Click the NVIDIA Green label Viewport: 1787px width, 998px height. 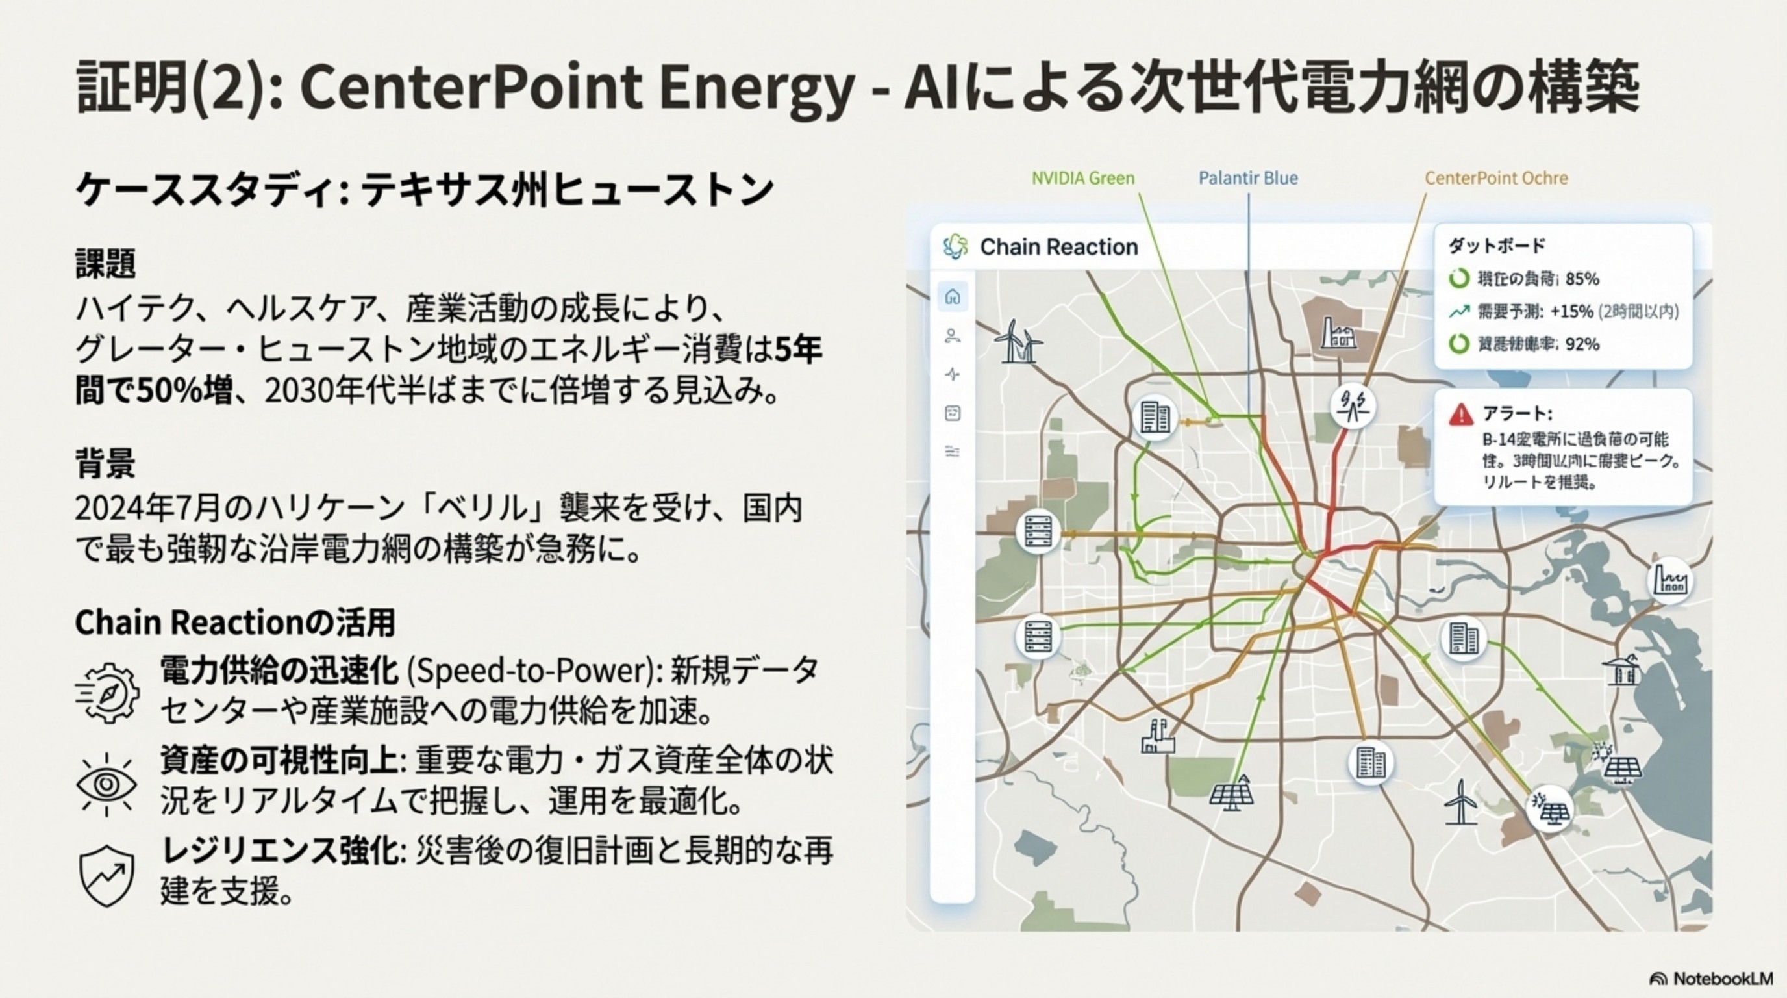coord(1082,179)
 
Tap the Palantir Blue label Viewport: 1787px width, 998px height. coord(1248,179)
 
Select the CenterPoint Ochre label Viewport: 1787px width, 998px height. coord(1495,179)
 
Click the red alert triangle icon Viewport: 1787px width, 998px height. coord(1460,415)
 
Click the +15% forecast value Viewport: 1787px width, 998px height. coord(1571,312)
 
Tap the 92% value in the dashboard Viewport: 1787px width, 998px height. coord(1582,344)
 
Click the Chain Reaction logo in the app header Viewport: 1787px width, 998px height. coord(955,246)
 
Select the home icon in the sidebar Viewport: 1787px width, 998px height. coord(953,297)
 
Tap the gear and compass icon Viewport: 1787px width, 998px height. coord(108,692)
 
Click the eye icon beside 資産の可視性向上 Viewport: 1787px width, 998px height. coord(106,784)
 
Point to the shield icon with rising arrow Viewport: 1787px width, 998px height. coord(106,876)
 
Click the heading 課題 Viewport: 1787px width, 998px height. coord(105,263)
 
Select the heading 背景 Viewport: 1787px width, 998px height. coord(105,464)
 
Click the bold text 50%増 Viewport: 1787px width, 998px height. coord(184,391)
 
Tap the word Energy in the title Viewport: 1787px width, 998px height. coord(755,88)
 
